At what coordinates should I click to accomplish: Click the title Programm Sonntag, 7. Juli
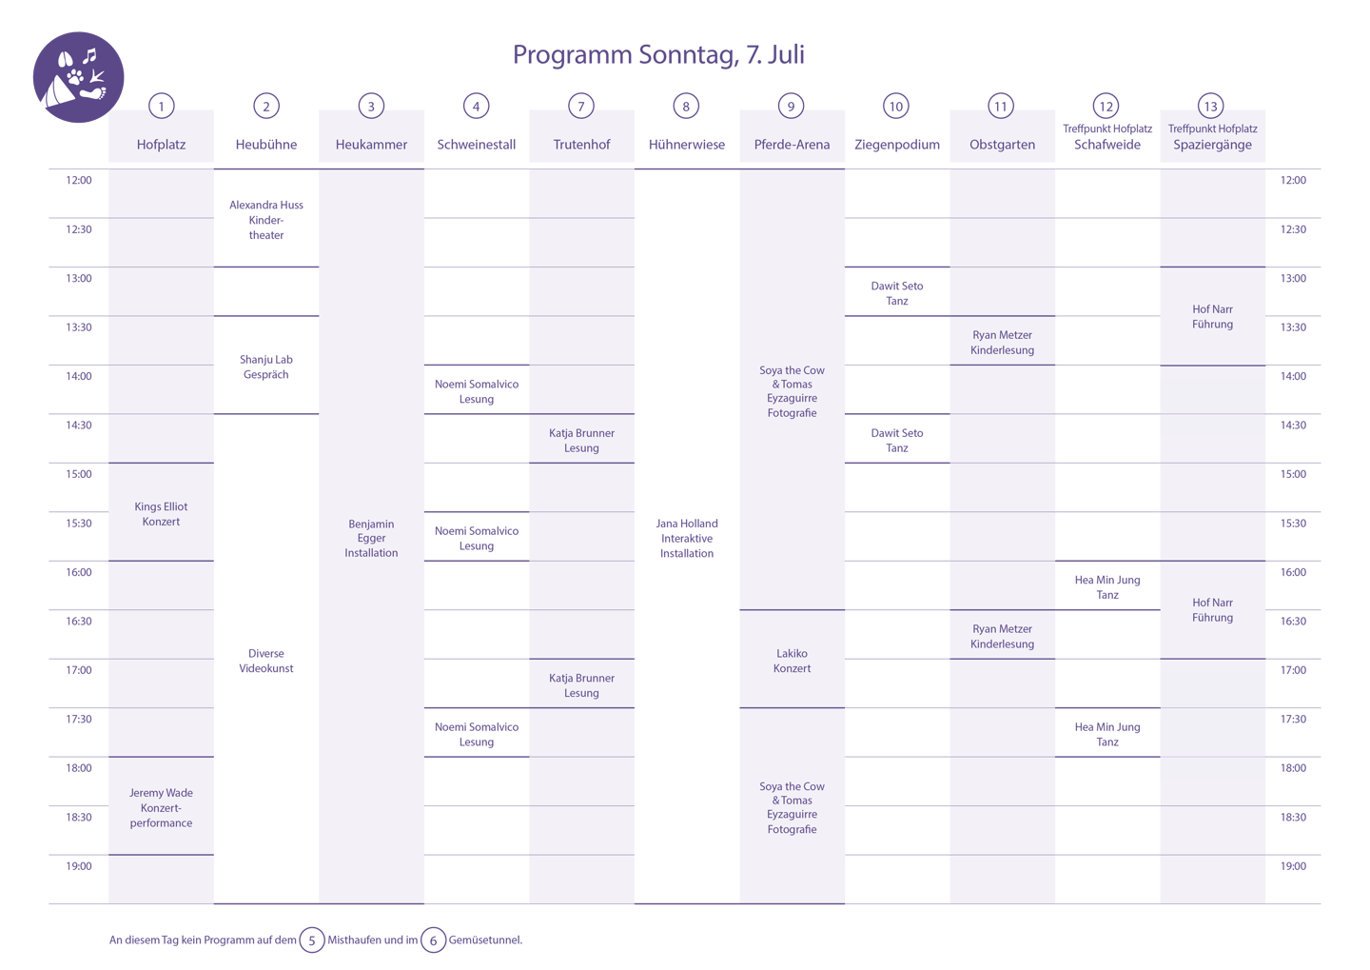tap(658, 55)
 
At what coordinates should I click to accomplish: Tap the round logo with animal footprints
tap(79, 78)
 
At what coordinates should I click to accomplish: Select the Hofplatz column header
tap(161, 145)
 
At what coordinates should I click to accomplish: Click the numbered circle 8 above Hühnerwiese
tap(686, 107)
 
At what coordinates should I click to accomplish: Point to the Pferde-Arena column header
tap(792, 145)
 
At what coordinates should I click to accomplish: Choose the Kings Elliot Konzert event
tap(161, 514)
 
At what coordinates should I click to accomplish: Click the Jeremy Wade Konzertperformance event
tap(161, 807)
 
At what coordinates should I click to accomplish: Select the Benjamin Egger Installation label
tap(371, 538)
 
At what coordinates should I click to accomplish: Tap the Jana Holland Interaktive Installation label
tap(687, 538)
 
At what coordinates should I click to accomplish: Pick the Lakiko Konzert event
tap(792, 661)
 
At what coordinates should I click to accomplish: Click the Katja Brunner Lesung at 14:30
tap(581, 440)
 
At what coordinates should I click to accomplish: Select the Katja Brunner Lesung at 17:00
tap(581, 685)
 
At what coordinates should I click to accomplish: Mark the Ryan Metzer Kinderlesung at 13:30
tap(1002, 343)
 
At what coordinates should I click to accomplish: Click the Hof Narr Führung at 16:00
tap(1212, 610)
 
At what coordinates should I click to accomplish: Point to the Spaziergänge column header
tap(1212, 145)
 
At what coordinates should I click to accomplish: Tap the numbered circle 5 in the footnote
tap(311, 940)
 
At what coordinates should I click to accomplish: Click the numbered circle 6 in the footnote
tap(433, 940)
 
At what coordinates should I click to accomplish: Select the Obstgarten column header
tap(1002, 145)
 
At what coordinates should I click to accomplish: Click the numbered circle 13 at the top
tap(1209, 107)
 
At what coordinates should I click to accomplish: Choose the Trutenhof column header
tap(581, 145)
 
